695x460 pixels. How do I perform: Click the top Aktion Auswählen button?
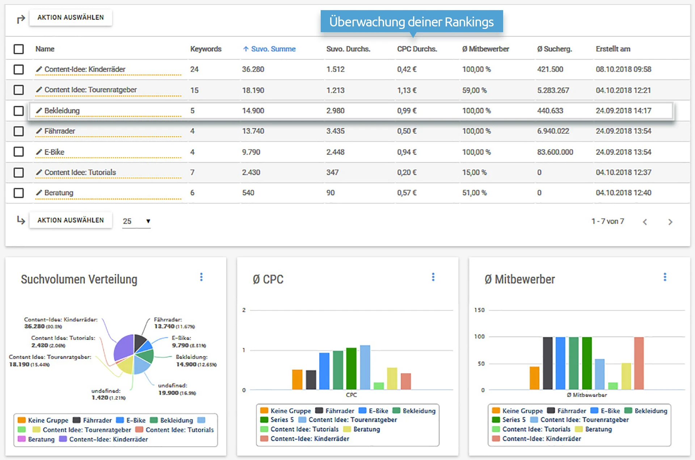coord(71,17)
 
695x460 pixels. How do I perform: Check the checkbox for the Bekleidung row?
coord(18,111)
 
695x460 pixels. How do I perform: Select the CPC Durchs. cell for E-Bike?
coord(407,152)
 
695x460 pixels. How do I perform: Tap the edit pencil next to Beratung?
coord(39,193)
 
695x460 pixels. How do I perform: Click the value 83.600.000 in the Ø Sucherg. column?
coord(555,152)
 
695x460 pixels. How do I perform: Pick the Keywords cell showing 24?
coord(194,69)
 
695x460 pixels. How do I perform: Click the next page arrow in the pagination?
coord(670,222)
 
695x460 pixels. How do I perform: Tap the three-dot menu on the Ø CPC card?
coord(433,277)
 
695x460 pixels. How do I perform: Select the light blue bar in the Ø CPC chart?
coord(365,367)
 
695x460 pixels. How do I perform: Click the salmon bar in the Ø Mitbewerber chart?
coord(639,363)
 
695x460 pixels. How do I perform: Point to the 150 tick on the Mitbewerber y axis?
coord(479,310)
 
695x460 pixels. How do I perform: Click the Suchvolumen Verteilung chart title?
coord(79,279)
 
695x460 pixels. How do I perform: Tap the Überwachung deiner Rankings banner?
coord(412,22)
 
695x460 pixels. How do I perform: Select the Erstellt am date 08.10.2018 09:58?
coord(623,69)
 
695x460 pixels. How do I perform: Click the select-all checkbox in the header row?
coord(18,49)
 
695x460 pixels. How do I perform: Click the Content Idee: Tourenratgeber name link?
coord(90,90)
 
